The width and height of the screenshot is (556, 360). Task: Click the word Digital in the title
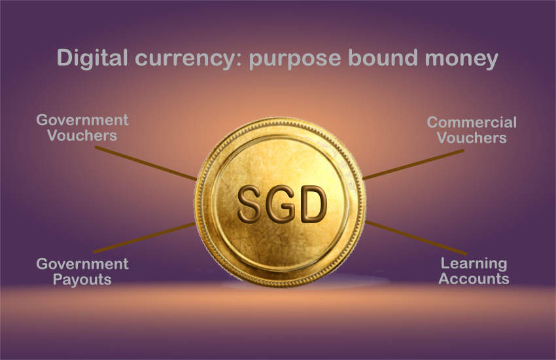92,58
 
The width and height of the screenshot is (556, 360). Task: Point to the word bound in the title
383,58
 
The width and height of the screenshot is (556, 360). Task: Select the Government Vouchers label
82,128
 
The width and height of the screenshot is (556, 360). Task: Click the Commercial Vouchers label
472,130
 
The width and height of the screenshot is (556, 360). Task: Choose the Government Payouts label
82,272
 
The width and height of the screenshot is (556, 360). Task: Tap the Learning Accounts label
474,271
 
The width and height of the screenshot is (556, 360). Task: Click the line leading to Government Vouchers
145,163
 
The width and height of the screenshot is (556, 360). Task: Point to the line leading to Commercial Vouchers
413,164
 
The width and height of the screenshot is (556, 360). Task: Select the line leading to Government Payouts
145,238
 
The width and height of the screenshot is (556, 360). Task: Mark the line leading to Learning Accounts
416,238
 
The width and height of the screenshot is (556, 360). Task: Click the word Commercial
472,122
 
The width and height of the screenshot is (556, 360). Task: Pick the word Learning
474,264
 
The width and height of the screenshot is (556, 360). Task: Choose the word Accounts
474,279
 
